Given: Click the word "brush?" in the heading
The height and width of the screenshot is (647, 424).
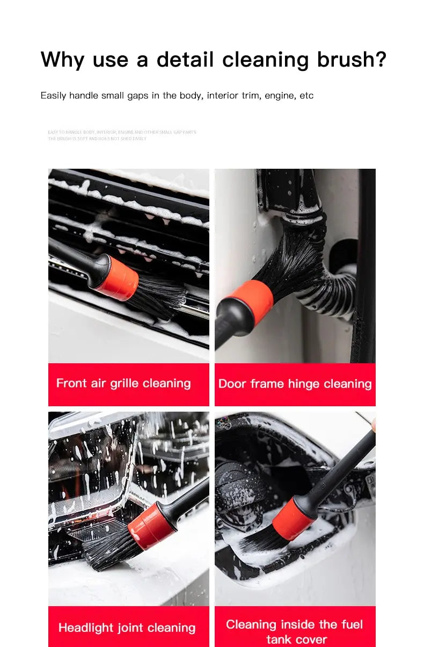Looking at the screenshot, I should pos(352,59).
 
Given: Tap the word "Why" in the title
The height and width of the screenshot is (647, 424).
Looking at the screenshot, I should pos(63,59).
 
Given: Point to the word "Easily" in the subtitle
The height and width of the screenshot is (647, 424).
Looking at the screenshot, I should pos(53,96).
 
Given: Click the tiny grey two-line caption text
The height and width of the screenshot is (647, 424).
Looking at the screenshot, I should pos(122,135).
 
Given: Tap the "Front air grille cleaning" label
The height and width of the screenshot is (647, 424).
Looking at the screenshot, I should pos(123,383).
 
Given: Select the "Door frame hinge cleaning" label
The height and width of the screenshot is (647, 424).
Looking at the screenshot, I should pos(295,384).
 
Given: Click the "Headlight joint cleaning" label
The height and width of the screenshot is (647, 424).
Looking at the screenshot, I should pos(127,628).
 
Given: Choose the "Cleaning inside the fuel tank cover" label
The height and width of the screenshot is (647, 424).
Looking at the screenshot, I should pos(295,631).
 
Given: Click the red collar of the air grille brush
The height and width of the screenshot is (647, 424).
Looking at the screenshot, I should pos(116,277).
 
